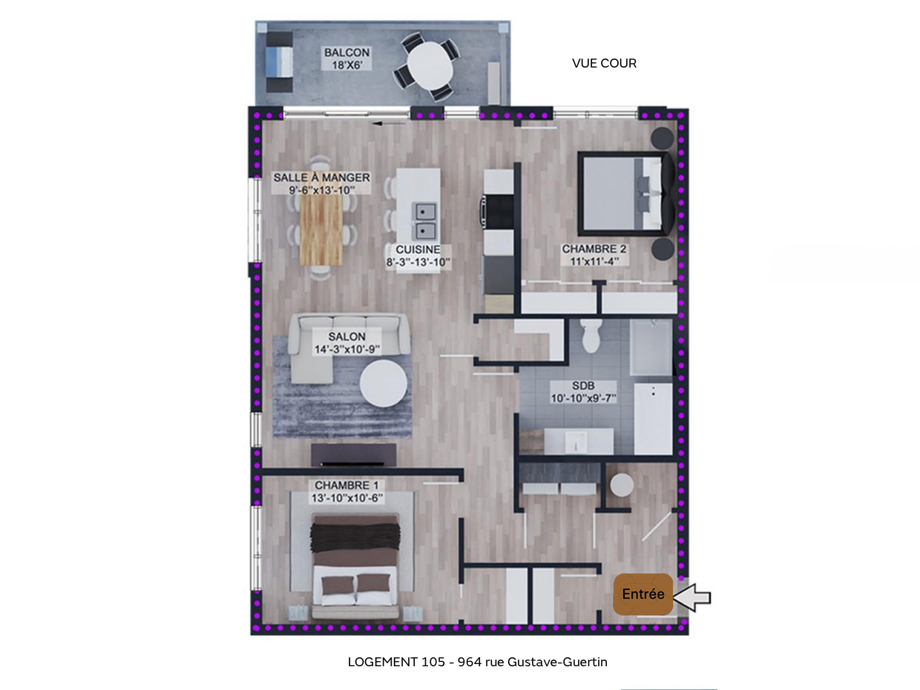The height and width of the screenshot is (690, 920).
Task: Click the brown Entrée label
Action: point(643,594)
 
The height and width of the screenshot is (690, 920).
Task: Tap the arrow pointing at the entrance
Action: point(692,597)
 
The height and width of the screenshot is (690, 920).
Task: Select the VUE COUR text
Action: point(604,64)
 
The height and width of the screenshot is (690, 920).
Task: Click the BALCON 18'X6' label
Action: point(346,59)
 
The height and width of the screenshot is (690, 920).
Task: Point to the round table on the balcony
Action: point(427,66)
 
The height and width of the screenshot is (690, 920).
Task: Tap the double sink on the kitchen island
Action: point(425,220)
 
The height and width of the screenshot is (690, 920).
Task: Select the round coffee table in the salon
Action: point(384,383)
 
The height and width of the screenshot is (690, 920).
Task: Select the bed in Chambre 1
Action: point(356,568)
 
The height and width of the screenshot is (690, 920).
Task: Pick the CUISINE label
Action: point(418,250)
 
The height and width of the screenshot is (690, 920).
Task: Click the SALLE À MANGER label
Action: point(321,178)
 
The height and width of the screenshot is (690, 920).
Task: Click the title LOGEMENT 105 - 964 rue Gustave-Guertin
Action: point(477,662)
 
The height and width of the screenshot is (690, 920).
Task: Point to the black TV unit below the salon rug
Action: point(353,454)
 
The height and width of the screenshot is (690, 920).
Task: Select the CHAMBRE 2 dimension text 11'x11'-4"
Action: point(594,261)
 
